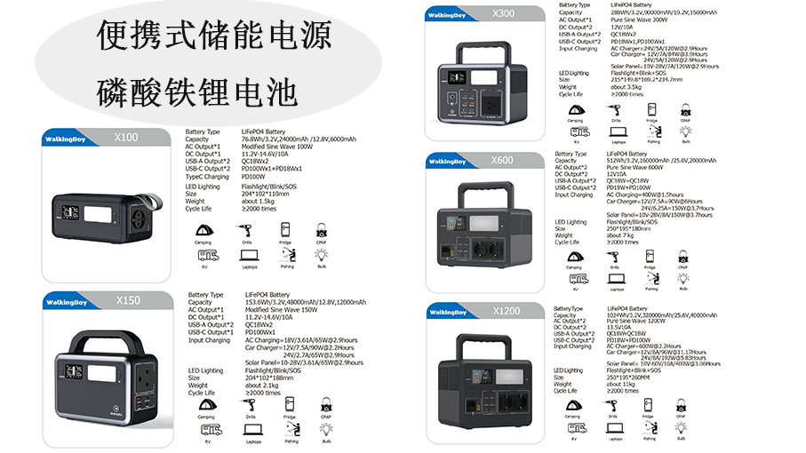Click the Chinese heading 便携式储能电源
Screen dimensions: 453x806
[214, 36]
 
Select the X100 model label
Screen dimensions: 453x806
[127, 138]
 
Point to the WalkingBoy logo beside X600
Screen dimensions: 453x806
[446, 162]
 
